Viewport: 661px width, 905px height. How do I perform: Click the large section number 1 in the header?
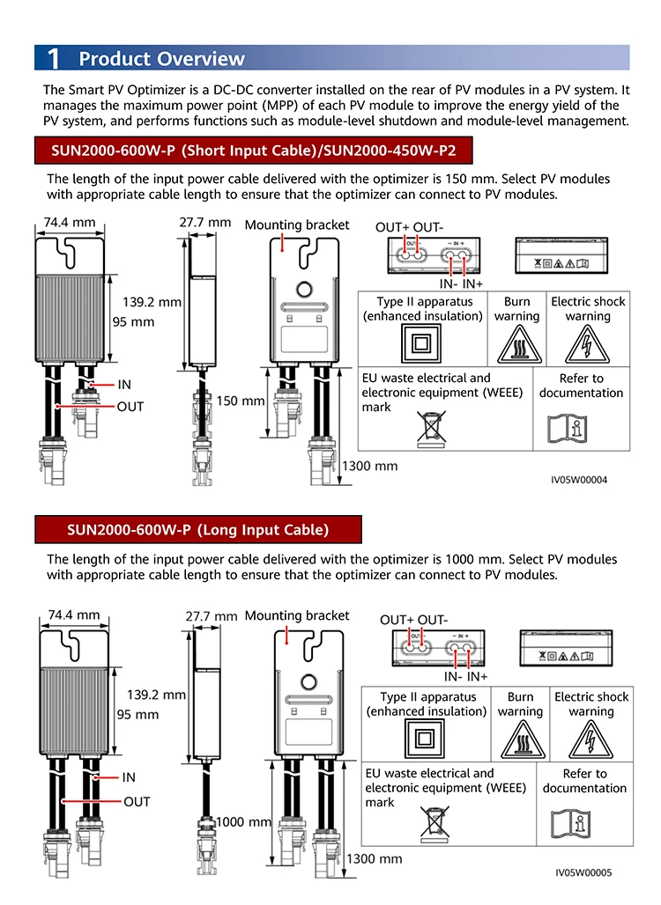53,58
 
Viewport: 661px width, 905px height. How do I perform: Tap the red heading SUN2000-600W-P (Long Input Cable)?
197,530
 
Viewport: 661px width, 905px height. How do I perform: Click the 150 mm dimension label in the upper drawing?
241,401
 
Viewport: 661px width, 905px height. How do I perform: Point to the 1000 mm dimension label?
243,822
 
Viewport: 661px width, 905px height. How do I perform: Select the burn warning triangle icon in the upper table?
519,345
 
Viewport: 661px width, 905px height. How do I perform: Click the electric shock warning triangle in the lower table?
590,739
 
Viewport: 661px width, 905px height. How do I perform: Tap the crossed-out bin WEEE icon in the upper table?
432,429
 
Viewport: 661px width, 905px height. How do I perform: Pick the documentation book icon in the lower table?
570,823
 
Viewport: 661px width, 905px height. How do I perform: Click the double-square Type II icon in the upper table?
421,344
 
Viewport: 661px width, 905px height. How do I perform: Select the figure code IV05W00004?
579,480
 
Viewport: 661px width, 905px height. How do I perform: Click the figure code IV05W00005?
583,872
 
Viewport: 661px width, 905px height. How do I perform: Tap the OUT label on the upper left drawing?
130,407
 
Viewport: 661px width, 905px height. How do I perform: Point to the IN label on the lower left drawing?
129,777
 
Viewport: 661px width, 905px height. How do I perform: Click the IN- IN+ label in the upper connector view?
461,284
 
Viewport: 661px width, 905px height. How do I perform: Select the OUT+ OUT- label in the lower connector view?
413,620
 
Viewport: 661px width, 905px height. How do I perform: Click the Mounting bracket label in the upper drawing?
297,225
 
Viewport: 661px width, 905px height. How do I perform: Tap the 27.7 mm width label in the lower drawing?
212,616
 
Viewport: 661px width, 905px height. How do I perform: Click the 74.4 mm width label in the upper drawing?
70,222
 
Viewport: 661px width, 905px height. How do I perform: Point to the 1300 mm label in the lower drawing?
375,859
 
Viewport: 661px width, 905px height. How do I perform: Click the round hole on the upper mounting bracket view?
304,290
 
